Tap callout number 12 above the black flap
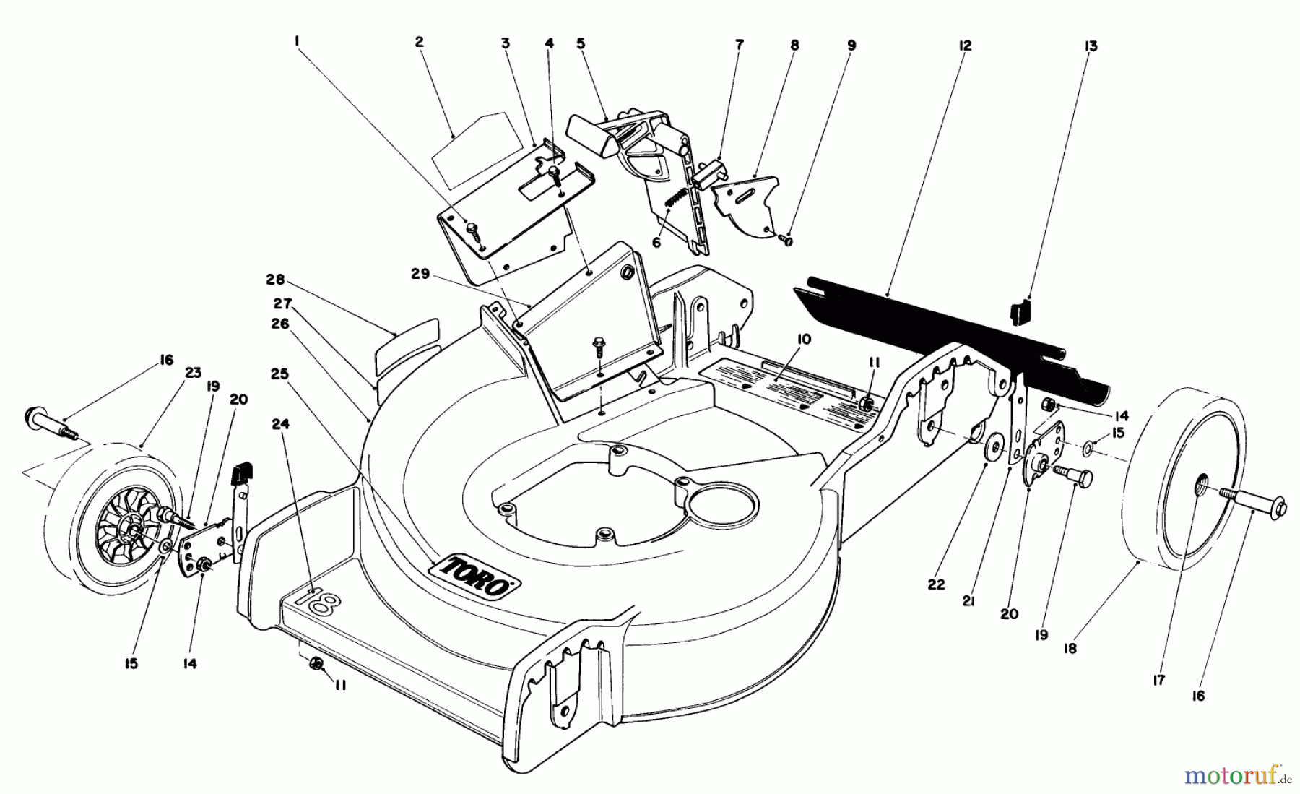click(x=965, y=46)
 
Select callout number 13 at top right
click(x=1091, y=46)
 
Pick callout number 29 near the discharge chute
click(x=421, y=275)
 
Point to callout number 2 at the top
click(x=419, y=42)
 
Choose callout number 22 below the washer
click(x=936, y=584)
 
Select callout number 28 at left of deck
click(x=275, y=280)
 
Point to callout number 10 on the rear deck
click(x=805, y=339)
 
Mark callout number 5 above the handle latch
click(x=581, y=43)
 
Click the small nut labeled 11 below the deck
click(x=315, y=664)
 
